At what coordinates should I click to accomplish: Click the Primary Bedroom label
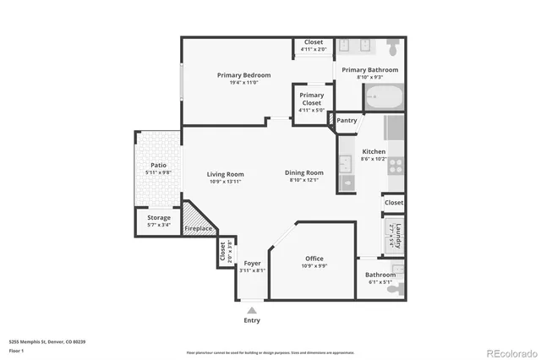point(243,74)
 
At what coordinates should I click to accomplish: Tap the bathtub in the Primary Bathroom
point(385,98)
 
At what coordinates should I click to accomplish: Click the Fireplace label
point(198,228)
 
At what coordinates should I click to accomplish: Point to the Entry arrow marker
point(252,310)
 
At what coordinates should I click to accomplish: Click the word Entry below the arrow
point(252,321)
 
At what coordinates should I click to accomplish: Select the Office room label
point(314,259)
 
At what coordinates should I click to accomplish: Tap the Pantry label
point(347,121)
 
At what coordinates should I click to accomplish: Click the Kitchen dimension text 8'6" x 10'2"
point(373,159)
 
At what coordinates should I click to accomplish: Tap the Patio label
point(158,165)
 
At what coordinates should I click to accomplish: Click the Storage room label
point(159,217)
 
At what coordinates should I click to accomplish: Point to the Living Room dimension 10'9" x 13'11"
point(225,182)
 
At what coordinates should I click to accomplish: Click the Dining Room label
point(304,172)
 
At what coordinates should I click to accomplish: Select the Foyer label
point(252,264)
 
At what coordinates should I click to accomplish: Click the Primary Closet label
point(311,99)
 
